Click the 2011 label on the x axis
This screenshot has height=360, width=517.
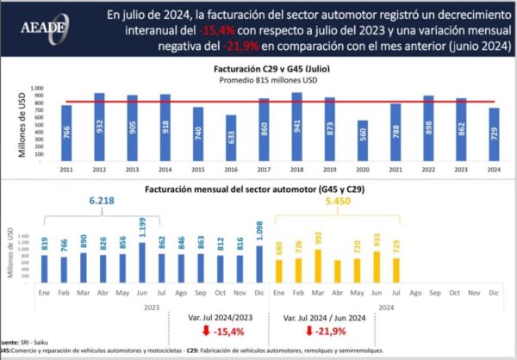pos(65,171)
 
